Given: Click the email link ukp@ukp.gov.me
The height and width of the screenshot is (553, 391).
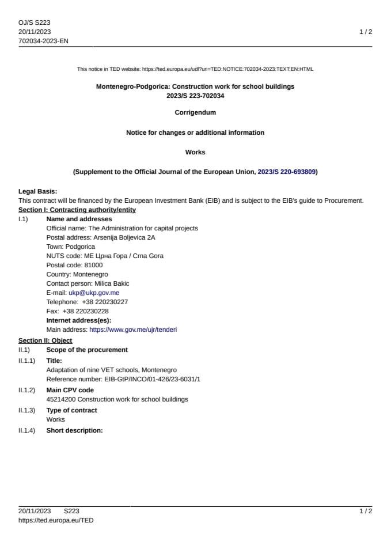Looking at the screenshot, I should click(94, 293).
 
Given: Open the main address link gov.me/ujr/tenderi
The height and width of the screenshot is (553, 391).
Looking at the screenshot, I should click(133, 329).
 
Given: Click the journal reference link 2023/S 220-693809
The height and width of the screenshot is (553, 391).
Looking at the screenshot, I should click(286, 172).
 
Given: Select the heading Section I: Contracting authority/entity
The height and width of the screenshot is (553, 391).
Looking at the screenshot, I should click(77, 210).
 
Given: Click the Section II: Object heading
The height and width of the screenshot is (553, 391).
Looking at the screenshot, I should click(45, 340).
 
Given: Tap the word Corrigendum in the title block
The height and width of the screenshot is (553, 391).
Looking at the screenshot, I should click(195, 112).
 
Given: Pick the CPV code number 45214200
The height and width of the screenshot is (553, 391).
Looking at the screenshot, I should click(60, 399).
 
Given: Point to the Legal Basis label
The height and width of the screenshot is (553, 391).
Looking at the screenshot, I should click(37, 191).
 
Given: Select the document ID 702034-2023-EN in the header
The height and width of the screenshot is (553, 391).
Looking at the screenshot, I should click(43, 41).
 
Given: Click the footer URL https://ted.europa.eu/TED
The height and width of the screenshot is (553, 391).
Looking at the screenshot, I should click(56, 520).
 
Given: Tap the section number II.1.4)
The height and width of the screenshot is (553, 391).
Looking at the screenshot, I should click(26, 430).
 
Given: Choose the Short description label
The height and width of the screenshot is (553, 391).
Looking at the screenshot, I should click(74, 430).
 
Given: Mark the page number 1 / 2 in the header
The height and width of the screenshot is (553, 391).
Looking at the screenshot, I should click(366, 32).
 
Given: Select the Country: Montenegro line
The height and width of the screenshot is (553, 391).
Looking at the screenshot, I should click(77, 274).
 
